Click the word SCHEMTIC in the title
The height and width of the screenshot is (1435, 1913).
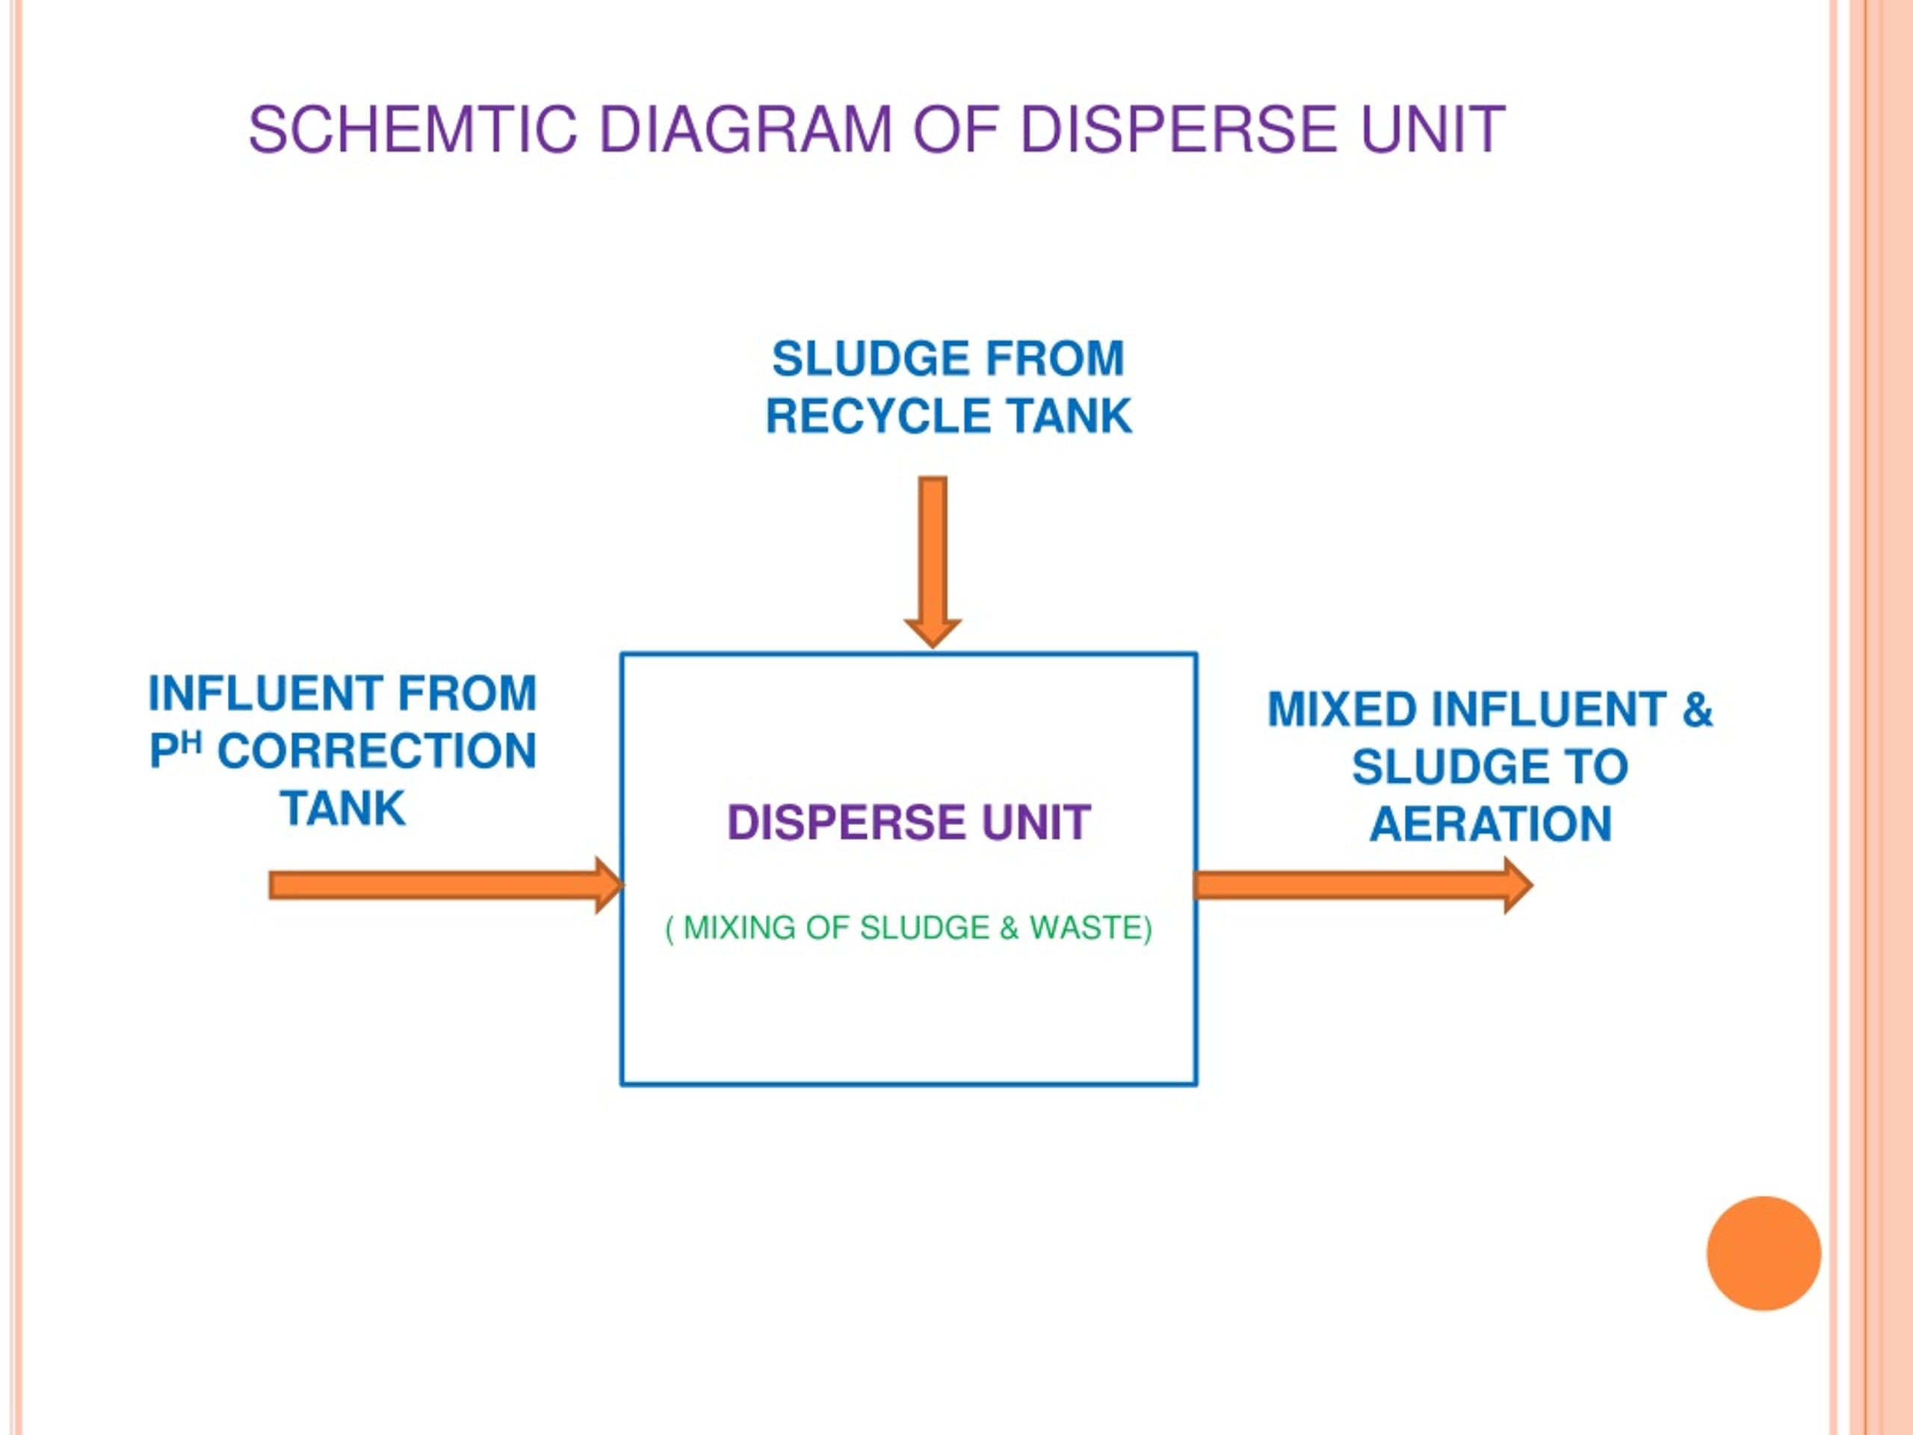click(x=412, y=130)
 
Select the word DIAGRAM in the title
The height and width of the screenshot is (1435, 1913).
click(x=746, y=130)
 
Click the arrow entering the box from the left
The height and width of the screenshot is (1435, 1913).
click(x=446, y=885)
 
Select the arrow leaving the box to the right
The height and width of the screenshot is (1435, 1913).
click(x=1363, y=885)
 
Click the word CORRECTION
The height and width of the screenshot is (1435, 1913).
click(x=377, y=751)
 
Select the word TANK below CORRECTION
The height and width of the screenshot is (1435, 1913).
click(x=343, y=809)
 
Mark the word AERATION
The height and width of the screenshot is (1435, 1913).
click(x=1491, y=824)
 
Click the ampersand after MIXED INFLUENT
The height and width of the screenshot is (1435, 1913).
click(x=1697, y=709)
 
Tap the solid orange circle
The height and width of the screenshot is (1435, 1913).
click(x=1764, y=1253)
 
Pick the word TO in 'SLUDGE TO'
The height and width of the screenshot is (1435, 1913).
click(x=1598, y=766)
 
